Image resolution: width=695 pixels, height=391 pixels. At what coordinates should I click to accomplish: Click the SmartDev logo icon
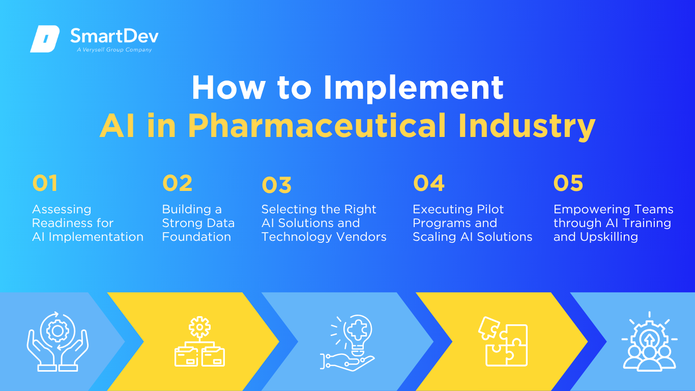[x=45, y=39]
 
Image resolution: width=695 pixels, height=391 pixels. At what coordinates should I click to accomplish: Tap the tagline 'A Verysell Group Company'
[x=114, y=50]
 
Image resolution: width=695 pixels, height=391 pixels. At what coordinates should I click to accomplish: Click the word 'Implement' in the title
[x=413, y=89]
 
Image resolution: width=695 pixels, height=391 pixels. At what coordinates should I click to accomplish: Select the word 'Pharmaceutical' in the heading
[x=317, y=125]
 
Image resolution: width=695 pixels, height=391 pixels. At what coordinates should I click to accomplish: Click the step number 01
[x=45, y=183]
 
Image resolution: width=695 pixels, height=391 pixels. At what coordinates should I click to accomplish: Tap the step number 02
[x=178, y=183]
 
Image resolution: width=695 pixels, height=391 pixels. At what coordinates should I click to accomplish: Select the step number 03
[x=277, y=185]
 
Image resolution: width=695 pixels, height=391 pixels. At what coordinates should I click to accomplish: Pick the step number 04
[x=429, y=183]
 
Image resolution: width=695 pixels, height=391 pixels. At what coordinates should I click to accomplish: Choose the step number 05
[x=568, y=183]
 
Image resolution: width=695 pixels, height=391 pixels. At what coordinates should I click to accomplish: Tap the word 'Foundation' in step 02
[x=197, y=237]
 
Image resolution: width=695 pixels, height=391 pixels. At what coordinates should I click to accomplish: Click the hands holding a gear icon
[x=57, y=342]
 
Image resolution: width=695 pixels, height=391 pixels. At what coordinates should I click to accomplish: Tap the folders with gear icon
[x=200, y=342]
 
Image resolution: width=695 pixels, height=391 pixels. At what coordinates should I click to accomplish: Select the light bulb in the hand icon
[x=347, y=343]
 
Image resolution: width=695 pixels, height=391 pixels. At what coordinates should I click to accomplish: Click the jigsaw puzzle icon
[x=503, y=342]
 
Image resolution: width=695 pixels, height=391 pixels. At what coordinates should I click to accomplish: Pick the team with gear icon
[x=649, y=342]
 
